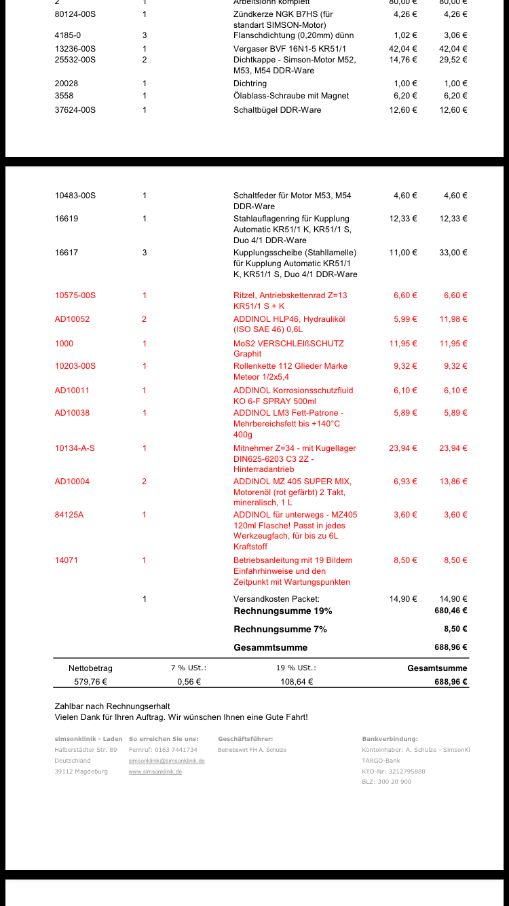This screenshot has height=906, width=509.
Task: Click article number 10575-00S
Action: [75, 295]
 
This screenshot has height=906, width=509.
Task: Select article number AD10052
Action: [72, 319]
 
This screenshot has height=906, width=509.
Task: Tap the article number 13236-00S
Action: [75, 49]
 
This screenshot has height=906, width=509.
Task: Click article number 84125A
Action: [69, 515]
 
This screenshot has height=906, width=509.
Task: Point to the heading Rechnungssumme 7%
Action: [280, 630]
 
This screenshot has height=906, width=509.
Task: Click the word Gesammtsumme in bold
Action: [271, 648]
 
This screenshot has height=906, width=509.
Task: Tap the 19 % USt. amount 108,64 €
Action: [297, 682]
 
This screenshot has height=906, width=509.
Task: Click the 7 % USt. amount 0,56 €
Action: [189, 682]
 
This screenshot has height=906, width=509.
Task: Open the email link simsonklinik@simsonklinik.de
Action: [166, 761]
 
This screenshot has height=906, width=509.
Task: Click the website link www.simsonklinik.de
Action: [155, 772]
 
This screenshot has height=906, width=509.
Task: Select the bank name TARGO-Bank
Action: [381, 761]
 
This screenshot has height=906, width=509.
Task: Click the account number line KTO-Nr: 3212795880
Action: [394, 772]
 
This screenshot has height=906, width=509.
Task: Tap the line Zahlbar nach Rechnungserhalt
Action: [112, 706]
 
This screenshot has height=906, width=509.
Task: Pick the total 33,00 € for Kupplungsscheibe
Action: [453, 253]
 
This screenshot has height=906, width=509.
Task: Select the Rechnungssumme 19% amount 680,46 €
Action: [451, 611]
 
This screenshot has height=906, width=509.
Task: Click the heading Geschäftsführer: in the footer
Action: [246, 739]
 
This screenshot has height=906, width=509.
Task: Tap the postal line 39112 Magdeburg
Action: [81, 772]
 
